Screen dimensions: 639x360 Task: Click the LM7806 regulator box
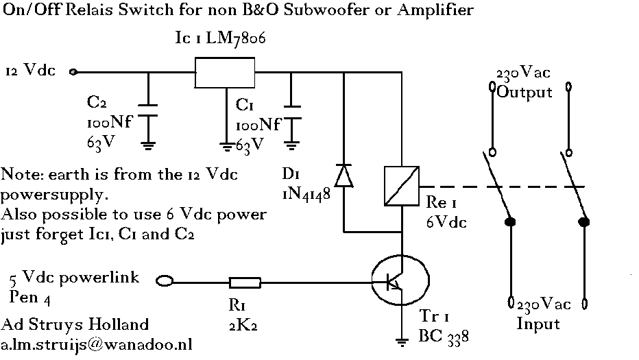click(x=225, y=73)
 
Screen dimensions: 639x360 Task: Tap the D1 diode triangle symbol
click(x=343, y=176)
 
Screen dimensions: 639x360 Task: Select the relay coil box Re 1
click(x=401, y=186)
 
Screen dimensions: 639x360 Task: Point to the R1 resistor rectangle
click(x=245, y=283)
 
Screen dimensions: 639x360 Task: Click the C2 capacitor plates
click(x=148, y=110)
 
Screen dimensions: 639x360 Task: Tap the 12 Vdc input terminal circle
click(x=73, y=72)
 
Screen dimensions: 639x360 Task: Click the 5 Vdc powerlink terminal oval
click(x=165, y=280)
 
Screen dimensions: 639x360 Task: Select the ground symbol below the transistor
click(x=402, y=342)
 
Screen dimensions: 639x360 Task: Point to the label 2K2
click(x=243, y=325)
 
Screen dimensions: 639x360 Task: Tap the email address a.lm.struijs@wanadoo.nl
click(x=96, y=344)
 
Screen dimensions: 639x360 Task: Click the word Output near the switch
click(x=525, y=93)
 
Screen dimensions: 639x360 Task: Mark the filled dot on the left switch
click(x=510, y=221)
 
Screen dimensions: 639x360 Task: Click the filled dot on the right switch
click(x=584, y=221)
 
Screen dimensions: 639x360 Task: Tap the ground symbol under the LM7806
click(x=226, y=146)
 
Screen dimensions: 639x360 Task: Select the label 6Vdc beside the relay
click(x=446, y=221)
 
